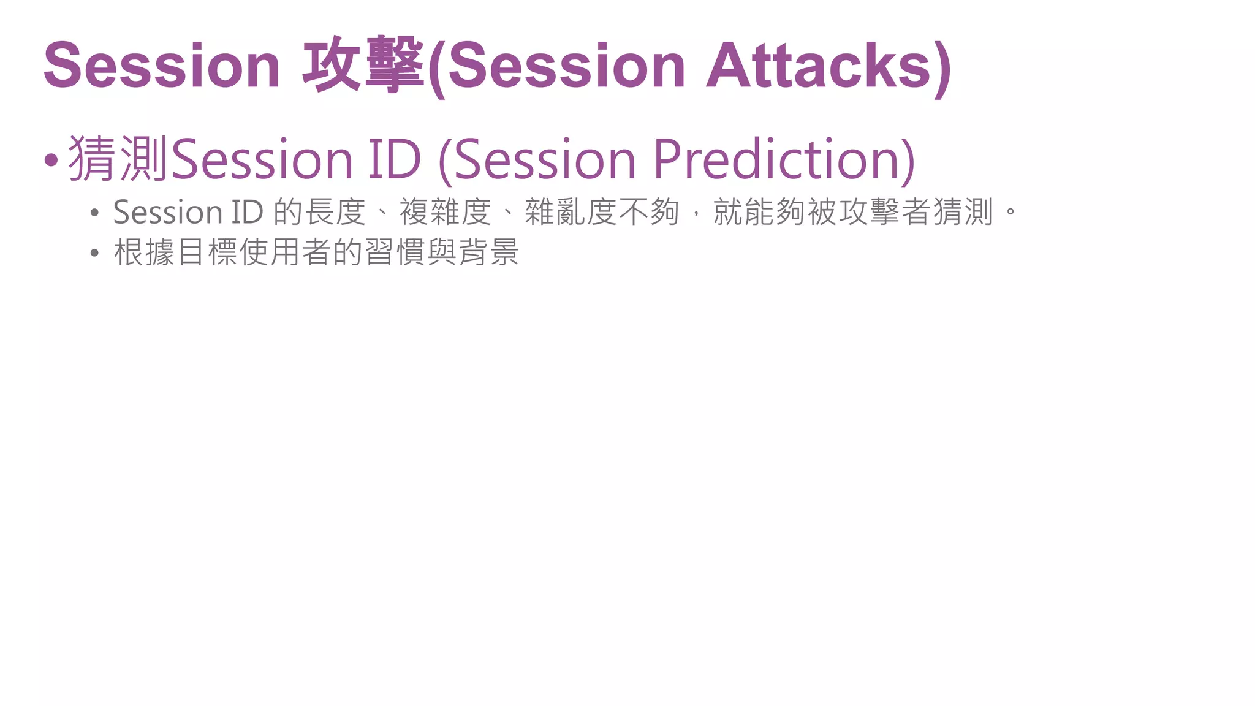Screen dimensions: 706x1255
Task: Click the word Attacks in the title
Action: click(819, 66)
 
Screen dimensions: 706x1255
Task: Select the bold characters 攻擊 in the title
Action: click(363, 66)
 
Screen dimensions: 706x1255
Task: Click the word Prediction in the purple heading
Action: click(778, 159)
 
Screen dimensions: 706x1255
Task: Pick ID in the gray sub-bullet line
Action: click(247, 213)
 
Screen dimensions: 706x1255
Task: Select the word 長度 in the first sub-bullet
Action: click(335, 213)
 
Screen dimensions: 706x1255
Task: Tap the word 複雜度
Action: click(446, 213)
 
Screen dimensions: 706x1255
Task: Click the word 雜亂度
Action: click(571, 213)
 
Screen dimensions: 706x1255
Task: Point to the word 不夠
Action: click(649, 213)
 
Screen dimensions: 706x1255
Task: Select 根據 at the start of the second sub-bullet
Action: click(145, 252)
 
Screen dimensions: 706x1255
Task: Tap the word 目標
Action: click(207, 252)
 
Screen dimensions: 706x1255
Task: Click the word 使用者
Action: click(286, 252)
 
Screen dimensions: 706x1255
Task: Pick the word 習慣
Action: click(395, 252)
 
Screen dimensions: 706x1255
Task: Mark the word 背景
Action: click(489, 252)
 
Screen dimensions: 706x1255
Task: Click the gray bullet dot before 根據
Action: click(94, 253)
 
